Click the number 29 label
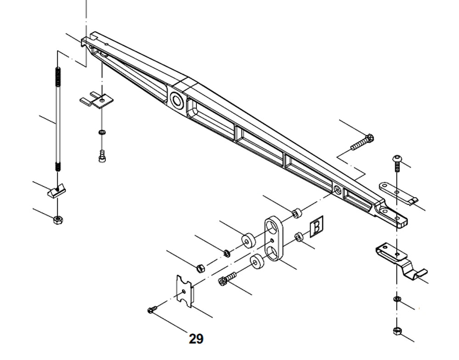click(x=196, y=339)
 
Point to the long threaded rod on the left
click(x=58, y=119)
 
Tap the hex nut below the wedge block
click(x=58, y=219)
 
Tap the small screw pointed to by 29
click(x=151, y=310)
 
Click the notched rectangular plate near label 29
click(x=185, y=290)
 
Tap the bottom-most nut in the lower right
click(x=396, y=331)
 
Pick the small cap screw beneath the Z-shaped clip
click(x=101, y=156)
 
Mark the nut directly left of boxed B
click(x=298, y=237)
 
